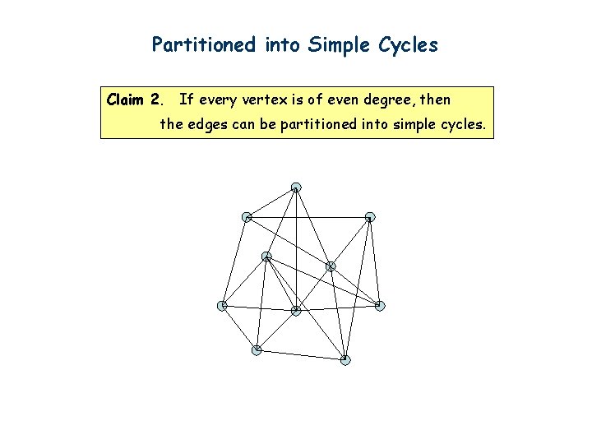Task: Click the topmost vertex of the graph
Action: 296,187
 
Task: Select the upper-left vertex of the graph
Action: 246,217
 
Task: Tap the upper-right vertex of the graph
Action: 370,217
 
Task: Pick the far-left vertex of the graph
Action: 221,306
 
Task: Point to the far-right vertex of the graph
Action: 380,306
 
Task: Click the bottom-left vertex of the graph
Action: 257,350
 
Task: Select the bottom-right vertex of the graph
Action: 345,360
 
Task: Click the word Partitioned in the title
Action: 204,45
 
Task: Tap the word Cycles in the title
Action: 409,45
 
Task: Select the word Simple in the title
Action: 337,45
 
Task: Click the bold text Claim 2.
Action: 136,100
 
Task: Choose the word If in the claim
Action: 185,100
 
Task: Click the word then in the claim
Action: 436,100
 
